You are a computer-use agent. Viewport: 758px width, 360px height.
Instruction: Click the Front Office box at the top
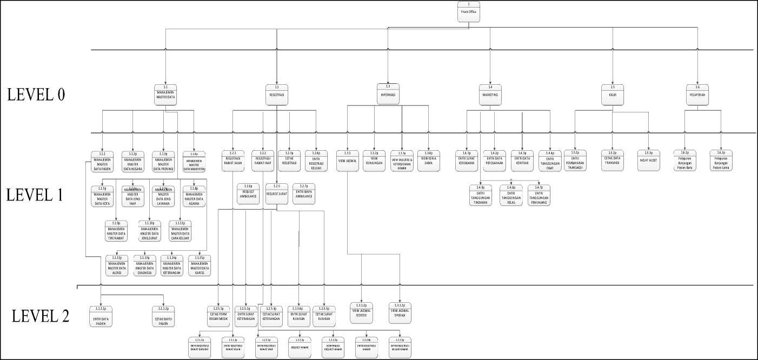469,11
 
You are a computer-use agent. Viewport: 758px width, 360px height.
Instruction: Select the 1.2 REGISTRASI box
276,94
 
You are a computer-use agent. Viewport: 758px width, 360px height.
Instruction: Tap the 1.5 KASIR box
613,94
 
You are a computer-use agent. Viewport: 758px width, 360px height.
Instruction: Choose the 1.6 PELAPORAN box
697,94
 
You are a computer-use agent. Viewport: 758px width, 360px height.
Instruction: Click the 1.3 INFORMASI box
388,94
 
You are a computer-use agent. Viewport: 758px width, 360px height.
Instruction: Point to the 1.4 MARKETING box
490,94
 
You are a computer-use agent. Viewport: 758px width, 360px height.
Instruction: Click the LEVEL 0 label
36,94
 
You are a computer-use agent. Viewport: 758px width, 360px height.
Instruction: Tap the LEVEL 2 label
41,316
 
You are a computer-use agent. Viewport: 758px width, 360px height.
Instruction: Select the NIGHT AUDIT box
649,160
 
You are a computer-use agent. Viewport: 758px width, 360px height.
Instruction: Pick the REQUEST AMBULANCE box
248,194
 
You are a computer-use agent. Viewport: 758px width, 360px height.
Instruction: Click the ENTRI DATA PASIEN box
101,317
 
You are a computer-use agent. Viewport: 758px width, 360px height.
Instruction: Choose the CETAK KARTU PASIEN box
164,317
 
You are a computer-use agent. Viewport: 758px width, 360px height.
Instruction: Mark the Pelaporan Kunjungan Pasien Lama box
721,160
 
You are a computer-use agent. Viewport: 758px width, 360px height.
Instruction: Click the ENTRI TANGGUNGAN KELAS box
511,195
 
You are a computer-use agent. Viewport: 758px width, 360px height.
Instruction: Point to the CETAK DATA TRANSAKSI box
613,160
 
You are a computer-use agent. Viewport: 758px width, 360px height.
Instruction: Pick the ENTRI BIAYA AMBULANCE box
304,194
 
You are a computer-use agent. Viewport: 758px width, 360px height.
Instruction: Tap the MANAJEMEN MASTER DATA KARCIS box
200,265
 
